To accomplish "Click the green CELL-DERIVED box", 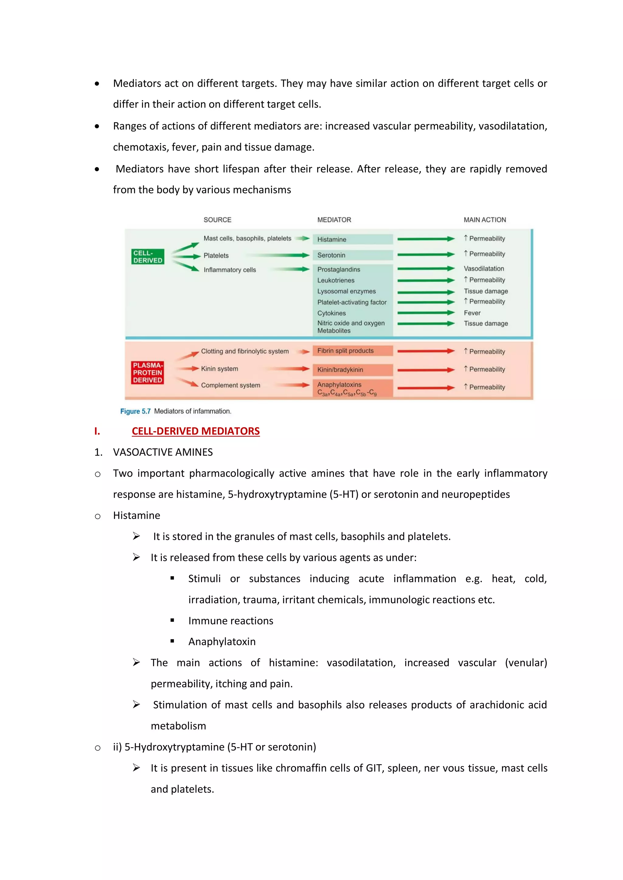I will pyautogui.click(x=148, y=256).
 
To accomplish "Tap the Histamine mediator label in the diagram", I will pyautogui.click(x=332, y=239).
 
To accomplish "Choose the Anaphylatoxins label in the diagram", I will pyautogui.click(x=339, y=384).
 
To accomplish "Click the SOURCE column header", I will pyautogui.click(x=217, y=220).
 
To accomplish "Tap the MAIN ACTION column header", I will pyautogui.click(x=485, y=220).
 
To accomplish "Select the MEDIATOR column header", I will pyautogui.click(x=334, y=220).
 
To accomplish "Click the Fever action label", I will pyautogui.click(x=472, y=313).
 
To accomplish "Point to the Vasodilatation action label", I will pyautogui.click(x=484, y=269).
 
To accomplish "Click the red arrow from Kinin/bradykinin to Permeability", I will pyautogui.click(x=426, y=370).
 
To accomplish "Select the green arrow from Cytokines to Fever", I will pyautogui.click(x=426, y=313).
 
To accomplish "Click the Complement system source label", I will pyautogui.click(x=230, y=385).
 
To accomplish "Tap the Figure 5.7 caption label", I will pyautogui.click(x=135, y=411).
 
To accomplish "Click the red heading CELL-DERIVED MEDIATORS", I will pyautogui.click(x=196, y=431).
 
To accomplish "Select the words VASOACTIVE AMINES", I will pyautogui.click(x=163, y=452).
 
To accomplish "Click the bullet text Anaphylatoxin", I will pyautogui.click(x=222, y=641).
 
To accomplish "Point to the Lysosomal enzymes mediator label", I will pyautogui.click(x=346, y=291).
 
